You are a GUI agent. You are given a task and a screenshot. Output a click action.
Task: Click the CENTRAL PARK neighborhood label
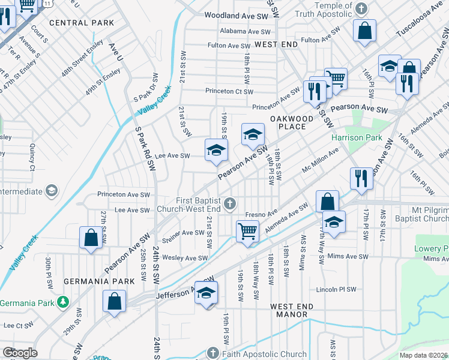[82, 23]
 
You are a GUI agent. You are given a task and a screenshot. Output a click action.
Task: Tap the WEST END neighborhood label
[276, 45]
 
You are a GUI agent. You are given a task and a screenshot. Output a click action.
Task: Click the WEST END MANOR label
[292, 310]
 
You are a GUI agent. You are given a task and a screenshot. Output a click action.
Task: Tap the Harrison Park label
[357, 137]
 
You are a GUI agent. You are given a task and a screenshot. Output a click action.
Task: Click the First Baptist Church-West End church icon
[229, 205]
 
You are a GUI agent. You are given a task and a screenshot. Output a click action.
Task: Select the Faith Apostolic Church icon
[212, 353]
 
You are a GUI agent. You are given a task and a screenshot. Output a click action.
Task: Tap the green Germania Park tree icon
[62, 301]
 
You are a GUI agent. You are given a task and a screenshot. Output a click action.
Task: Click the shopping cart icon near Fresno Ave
[247, 231]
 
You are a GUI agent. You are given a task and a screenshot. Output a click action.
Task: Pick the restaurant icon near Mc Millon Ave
[361, 178]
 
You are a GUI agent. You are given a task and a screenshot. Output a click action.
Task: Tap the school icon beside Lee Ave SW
[216, 150]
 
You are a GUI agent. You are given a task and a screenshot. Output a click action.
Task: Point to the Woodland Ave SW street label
[237, 16]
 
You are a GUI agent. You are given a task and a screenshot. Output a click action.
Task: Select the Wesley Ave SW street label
[185, 258]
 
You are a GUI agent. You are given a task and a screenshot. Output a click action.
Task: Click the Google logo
[20, 353]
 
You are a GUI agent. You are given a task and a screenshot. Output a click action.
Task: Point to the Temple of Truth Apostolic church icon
[361, 9]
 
